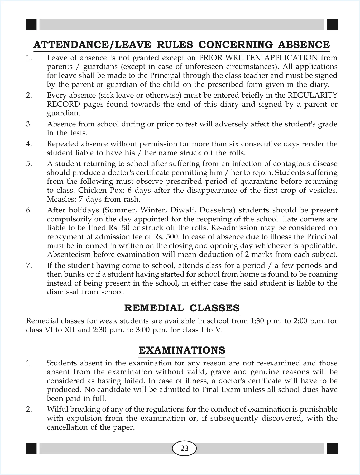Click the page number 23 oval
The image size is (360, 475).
(184, 448)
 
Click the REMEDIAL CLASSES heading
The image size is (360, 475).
(182, 308)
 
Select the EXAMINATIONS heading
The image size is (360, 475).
(182, 350)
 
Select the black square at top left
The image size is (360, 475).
(31, 25)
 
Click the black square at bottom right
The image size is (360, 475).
(332, 448)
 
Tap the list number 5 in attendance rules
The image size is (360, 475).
(29, 164)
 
